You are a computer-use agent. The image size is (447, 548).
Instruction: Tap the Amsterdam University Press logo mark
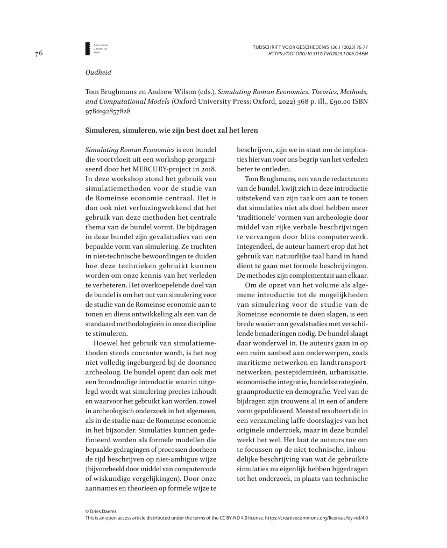89,48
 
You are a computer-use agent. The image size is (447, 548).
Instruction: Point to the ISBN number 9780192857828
108,112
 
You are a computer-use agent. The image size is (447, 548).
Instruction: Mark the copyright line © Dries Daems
101,511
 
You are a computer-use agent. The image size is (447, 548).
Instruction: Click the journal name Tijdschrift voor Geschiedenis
294,47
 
